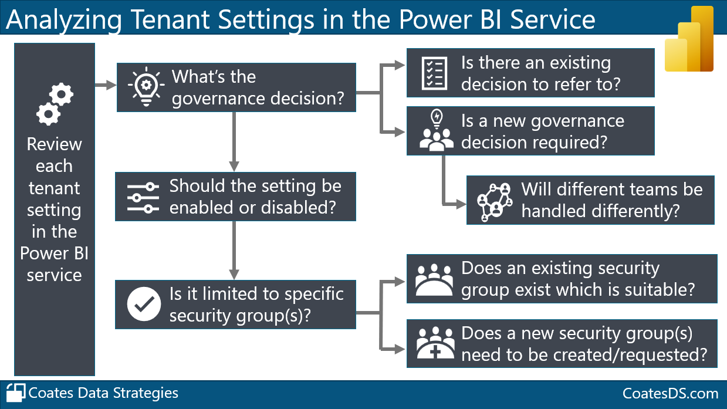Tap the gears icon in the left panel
click(x=55, y=104)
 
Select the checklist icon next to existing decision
click(x=435, y=73)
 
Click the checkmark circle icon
click(x=144, y=304)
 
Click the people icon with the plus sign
click(x=435, y=344)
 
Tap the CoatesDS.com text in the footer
click(x=670, y=393)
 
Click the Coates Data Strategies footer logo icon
click(x=16, y=393)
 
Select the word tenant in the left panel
click(x=54, y=188)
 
